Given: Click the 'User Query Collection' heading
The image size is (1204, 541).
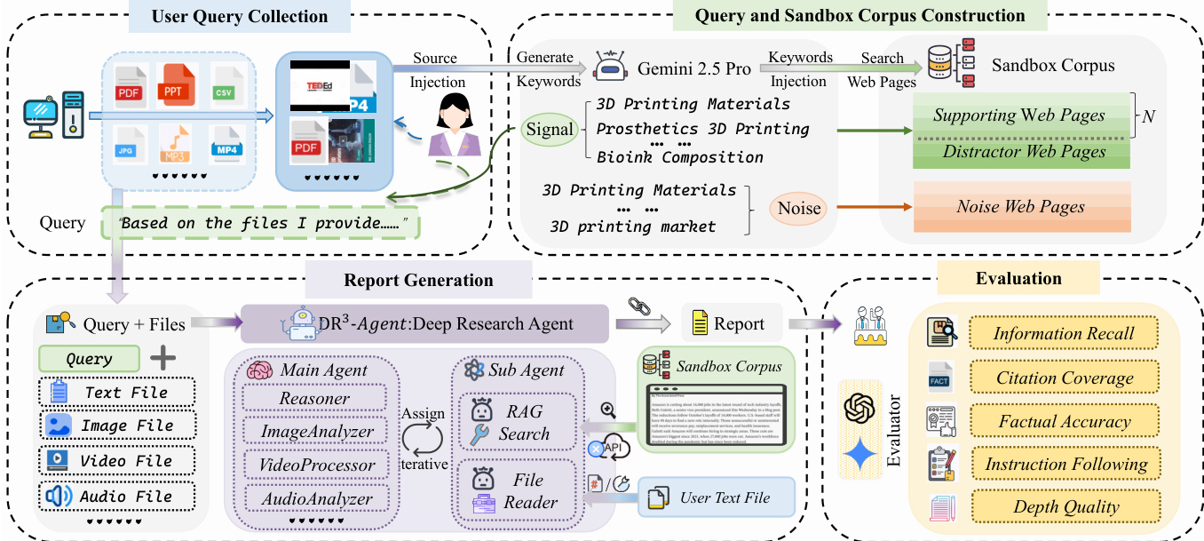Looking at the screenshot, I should [x=240, y=16].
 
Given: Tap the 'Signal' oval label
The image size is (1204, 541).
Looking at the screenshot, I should [x=550, y=130].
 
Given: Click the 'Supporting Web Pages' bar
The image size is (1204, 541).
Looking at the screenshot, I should [x=1018, y=115].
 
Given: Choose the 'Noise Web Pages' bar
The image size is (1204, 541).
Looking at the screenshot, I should [x=1020, y=206].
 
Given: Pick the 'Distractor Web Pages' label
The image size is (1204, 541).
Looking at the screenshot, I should [x=1024, y=151].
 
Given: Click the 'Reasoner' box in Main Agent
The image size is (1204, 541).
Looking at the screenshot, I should [x=314, y=399].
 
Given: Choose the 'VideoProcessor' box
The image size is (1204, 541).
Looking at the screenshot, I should [x=317, y=465].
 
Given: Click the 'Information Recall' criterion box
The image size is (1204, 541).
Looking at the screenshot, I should [x=1064, y=334].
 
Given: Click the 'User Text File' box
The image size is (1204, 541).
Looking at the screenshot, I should [x=716, y=497].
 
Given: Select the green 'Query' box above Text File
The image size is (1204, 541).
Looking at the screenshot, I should [x=89, y=359].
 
